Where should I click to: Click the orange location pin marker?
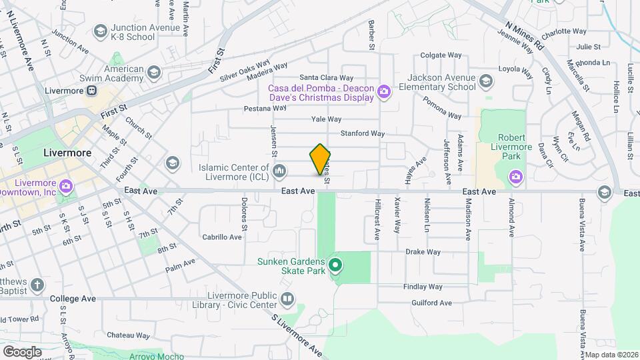click(321, 159)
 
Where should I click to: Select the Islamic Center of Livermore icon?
click(280, 172)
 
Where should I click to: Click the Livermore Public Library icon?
click(287, 299)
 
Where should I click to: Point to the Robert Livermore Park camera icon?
click(515, 177)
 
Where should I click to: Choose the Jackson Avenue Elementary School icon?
click(486, 81)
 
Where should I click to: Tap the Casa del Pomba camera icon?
click(383, 92)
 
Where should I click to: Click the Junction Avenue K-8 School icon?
click(100, 31)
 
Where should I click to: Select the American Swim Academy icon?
click(154, 73)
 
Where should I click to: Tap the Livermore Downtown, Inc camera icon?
click(65, 185)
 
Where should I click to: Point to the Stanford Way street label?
click(363, 133)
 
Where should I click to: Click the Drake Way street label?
click(423, 252)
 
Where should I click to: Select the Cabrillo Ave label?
click(223, 237)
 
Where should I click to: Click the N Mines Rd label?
click(525, 37)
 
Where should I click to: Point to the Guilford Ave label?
click(431, 303)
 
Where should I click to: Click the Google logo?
click(22, 351)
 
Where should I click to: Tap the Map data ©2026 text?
click(611, 355)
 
